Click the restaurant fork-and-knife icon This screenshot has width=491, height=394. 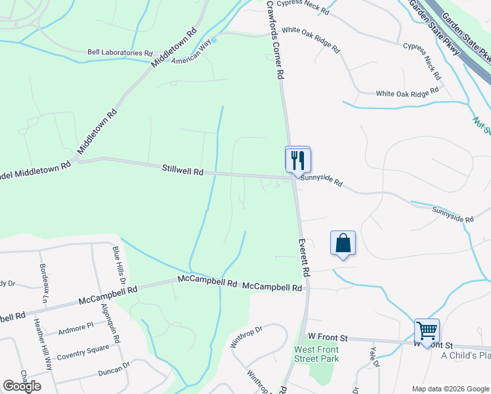pos(297,160)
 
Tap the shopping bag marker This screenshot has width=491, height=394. pos(343,244)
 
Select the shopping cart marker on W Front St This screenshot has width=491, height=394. pos(427,331)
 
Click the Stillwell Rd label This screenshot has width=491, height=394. pos(182,170)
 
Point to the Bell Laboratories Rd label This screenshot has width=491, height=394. pos(120,52)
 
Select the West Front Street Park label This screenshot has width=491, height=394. pos(316,354)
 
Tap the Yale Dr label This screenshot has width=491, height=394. pos(374,357)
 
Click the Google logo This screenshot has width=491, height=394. pos(22,385)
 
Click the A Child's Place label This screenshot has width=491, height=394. pos(465,356)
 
